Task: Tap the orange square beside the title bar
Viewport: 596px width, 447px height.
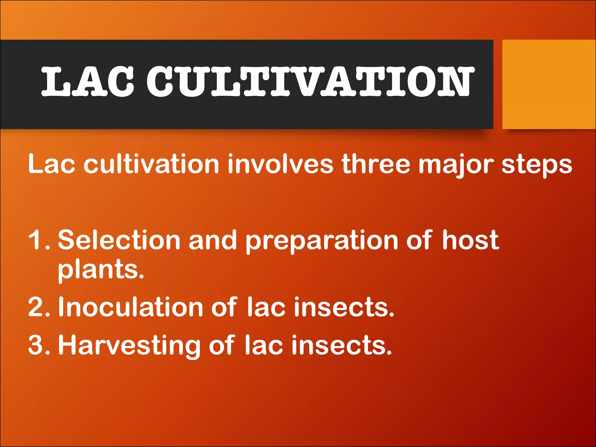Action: (x=549, y=84)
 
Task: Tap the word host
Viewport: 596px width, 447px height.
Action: (x=470, y=240)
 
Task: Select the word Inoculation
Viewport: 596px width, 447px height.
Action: (x=130, y=307)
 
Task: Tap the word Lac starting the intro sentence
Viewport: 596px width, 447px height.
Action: (x=51, y=164)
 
